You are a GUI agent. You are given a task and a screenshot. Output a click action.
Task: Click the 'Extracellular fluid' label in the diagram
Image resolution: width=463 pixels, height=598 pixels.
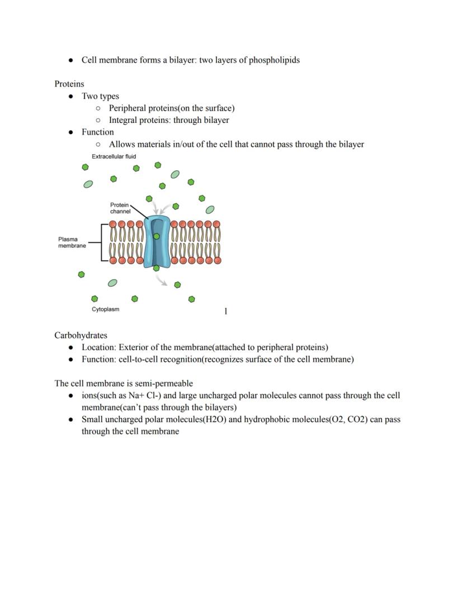pos(114,156)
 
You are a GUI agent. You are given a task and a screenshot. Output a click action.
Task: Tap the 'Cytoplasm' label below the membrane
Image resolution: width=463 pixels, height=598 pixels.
pos(105,309)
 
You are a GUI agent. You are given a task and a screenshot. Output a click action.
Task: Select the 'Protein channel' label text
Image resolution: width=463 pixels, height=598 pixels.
pos(120,208)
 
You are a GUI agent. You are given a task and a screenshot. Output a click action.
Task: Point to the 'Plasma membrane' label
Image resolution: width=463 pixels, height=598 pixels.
pos(72,242)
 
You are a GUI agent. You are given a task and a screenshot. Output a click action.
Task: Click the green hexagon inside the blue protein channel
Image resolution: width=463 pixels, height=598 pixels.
pos(157,237)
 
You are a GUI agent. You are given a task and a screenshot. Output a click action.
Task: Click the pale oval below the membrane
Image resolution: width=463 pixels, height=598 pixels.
pos(112,283)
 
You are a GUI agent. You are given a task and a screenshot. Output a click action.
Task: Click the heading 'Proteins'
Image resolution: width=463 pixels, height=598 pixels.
pos(69,84)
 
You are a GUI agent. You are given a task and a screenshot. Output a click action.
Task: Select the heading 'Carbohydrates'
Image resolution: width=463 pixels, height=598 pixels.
pos(81,335)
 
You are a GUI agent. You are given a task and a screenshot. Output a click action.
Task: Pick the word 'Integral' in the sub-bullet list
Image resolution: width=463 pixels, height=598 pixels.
pos(124,120)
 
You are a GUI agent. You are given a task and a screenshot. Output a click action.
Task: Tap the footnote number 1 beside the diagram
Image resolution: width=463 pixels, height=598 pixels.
pos(226,311)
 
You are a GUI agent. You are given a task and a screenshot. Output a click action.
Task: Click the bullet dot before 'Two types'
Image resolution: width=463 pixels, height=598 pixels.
pos(71,97)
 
